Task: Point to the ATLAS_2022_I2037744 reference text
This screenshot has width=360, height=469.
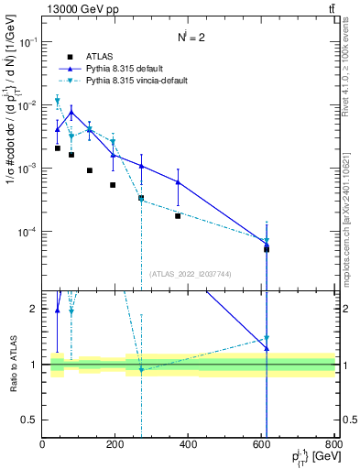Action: pyautogui.click(x=190, y=273)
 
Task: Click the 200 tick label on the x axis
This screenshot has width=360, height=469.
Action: pyautogui.click(x=115, y=444)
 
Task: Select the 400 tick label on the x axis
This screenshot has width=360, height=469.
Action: pyautogui.click(x=188, y=444)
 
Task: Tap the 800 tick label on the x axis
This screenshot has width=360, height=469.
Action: pyautogui.click(x=333, y=444)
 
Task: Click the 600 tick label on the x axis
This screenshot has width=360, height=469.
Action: pyautogui.click(x=261, y=444)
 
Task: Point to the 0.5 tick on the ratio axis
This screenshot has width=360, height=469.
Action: pyautogui.click(x=30, y=420)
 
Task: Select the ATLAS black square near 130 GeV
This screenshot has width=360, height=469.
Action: pyautogui.click(x=90, y=170)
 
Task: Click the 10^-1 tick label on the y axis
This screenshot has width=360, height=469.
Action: pyautogui.click(x=27, y=42)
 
